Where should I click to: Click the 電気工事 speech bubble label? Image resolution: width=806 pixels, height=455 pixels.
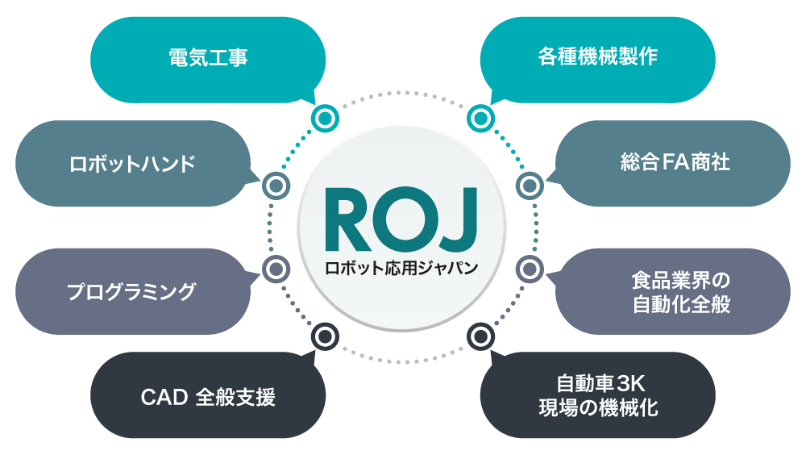tap(208, 58)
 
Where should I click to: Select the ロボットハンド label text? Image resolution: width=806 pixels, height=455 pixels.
tap(132, 164)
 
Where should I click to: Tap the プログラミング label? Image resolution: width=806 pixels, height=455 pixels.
tap(131, 291)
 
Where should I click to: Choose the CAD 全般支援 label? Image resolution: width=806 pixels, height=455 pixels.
tap(208, 397)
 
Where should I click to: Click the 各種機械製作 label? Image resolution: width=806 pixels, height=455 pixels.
tap(597, 58)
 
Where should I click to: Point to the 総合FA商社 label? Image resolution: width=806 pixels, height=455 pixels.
tap(675, 163)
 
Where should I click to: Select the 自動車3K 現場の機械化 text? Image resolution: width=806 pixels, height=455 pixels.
tap(598, 395)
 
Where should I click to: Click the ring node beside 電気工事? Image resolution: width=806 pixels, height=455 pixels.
tap(325, 118)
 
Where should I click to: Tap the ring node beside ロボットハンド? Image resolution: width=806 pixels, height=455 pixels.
tap(276, 186)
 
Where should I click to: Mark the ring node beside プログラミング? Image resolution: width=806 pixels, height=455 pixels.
tap(276, 268)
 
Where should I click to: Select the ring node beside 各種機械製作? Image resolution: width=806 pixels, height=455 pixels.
tap(480, 118)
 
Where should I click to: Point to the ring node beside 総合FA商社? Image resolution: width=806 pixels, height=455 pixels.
tap(530, 186)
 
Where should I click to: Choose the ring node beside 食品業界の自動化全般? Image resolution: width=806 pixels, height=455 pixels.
tap(530, 268)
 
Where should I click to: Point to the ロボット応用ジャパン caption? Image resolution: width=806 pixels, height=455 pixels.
tap(401, 267)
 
